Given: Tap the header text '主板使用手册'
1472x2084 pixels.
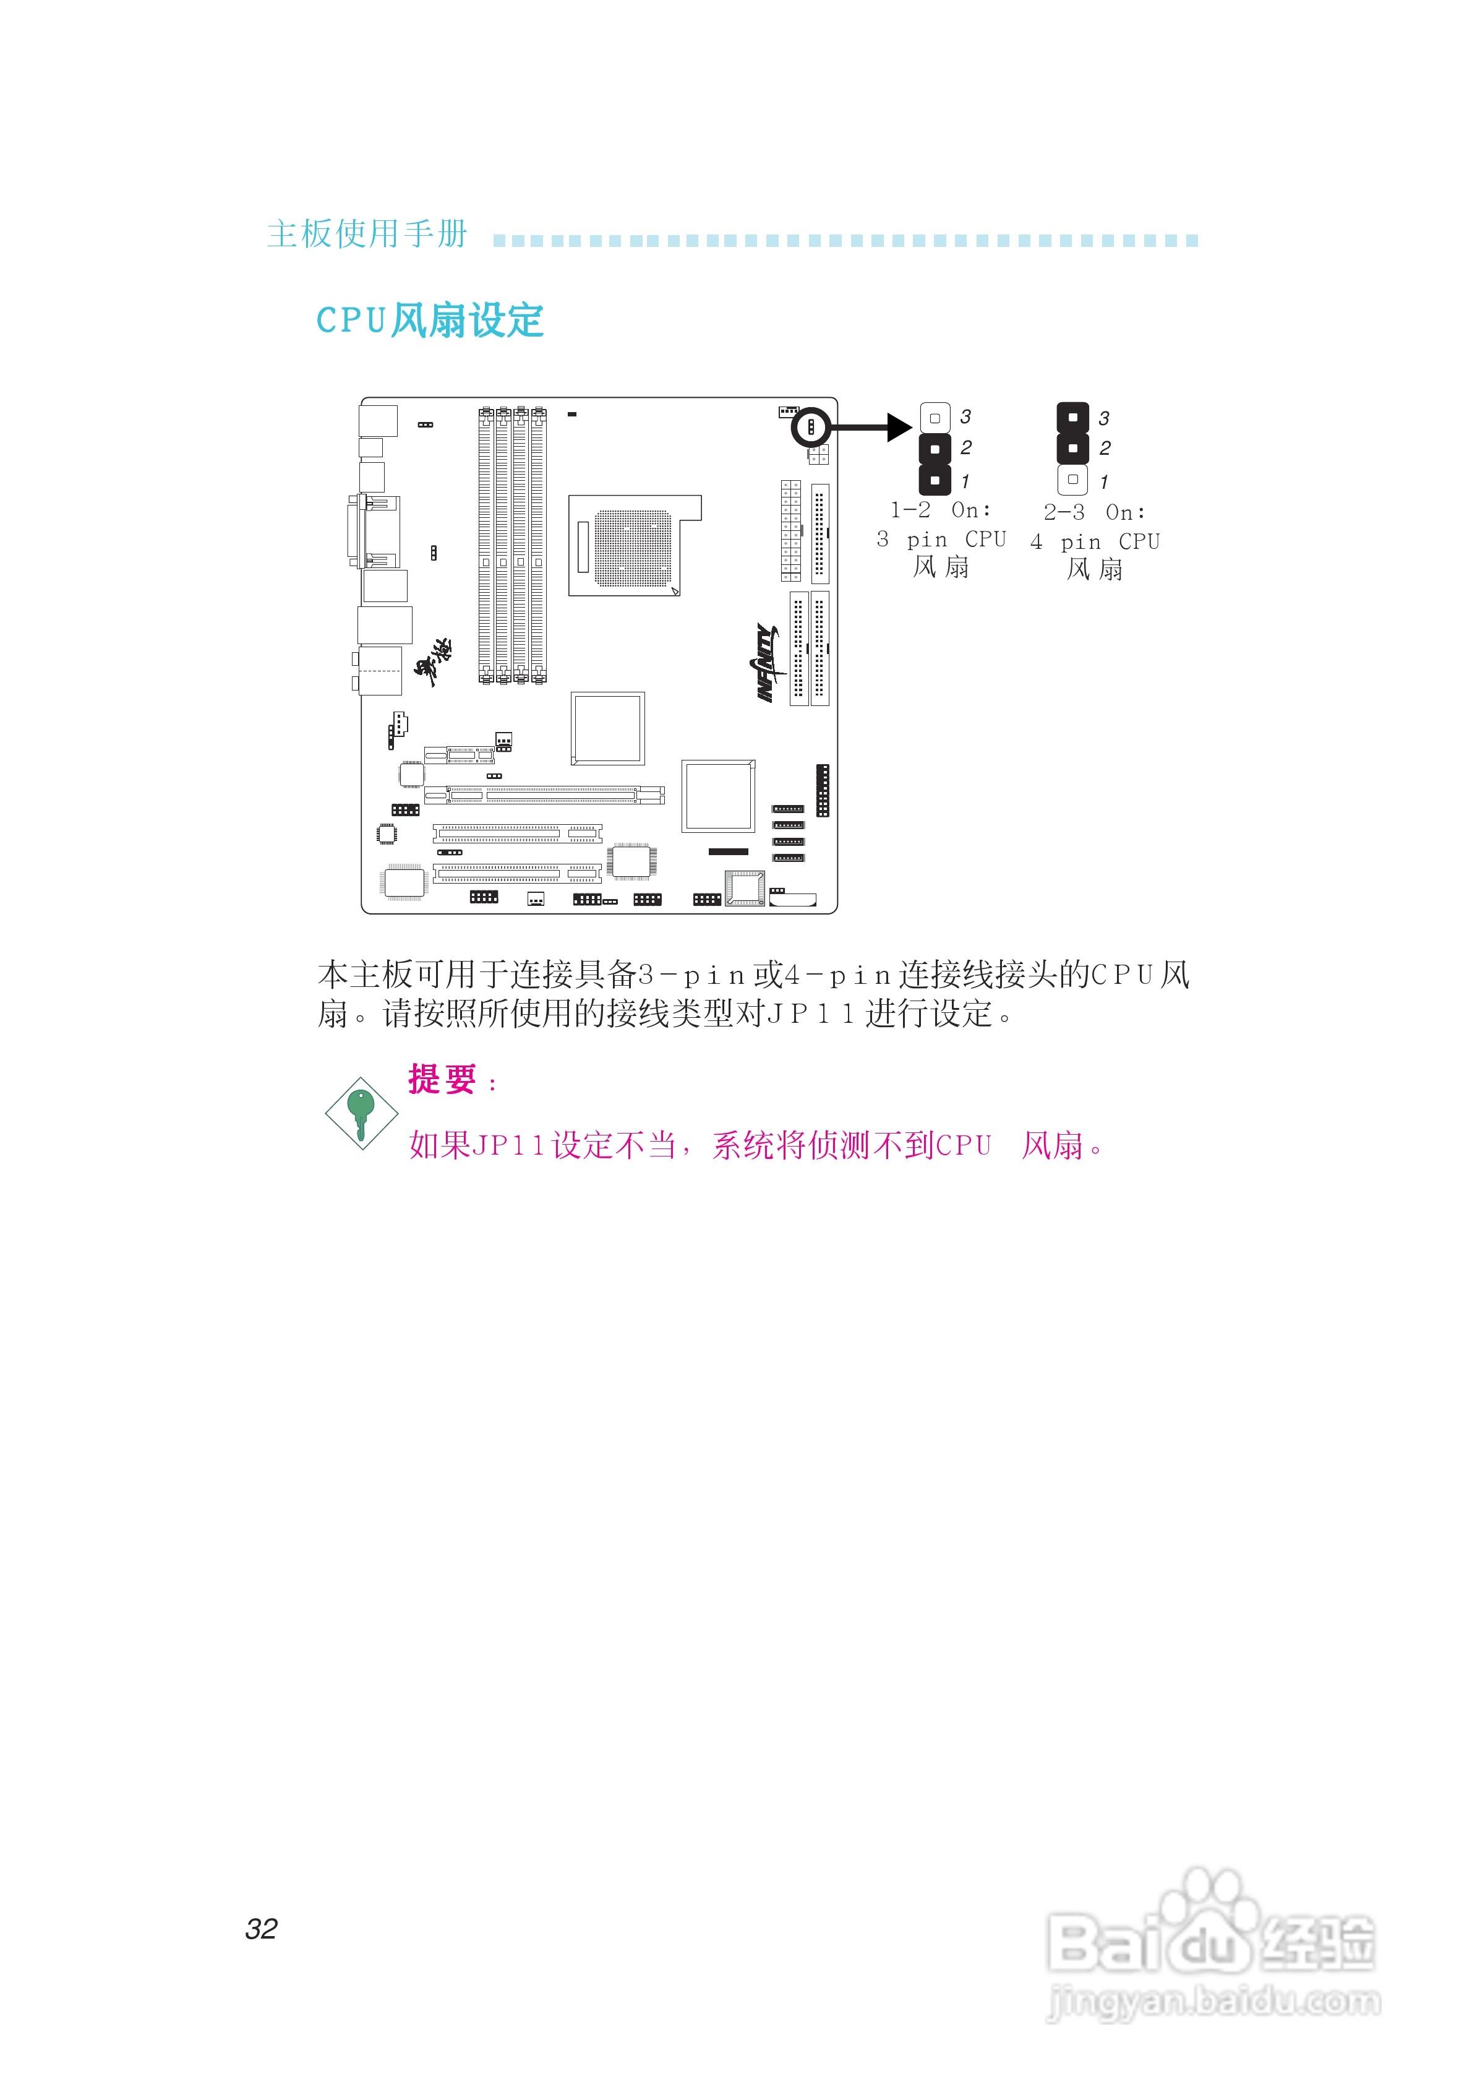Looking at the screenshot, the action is coord(367,234).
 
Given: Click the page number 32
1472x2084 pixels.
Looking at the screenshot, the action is coord(262,1929).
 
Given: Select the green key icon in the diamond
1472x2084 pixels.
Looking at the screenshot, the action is coord(361,1112).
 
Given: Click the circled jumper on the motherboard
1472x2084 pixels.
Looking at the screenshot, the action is coord(810,426).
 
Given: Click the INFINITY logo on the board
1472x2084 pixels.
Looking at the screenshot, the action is coord(767,663).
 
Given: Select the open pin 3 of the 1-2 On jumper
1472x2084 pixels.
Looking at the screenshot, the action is coord(935,418).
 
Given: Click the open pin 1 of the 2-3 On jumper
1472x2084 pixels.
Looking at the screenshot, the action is coord(1072,480).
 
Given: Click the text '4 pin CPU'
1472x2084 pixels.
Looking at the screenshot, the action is coord(1095,542).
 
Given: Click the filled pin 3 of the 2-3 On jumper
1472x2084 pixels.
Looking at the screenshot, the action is coord(1072,418).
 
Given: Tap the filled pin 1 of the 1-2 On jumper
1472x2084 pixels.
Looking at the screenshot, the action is coord(935,480).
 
